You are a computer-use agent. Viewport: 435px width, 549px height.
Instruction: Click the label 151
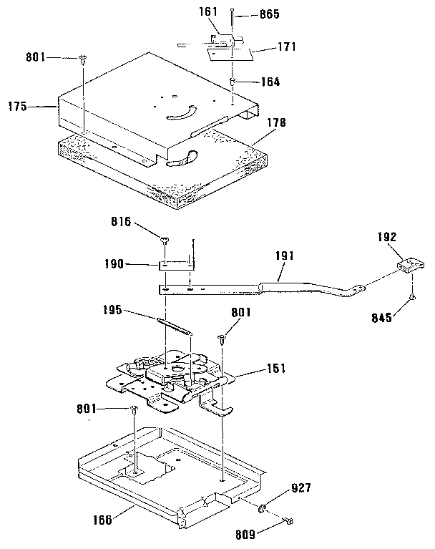point(275,369)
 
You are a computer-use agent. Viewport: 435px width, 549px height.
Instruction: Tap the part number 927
point(300,490)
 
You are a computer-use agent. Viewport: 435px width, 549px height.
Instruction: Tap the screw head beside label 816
point(165,241)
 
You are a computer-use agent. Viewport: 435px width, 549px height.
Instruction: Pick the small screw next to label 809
point(288,521)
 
